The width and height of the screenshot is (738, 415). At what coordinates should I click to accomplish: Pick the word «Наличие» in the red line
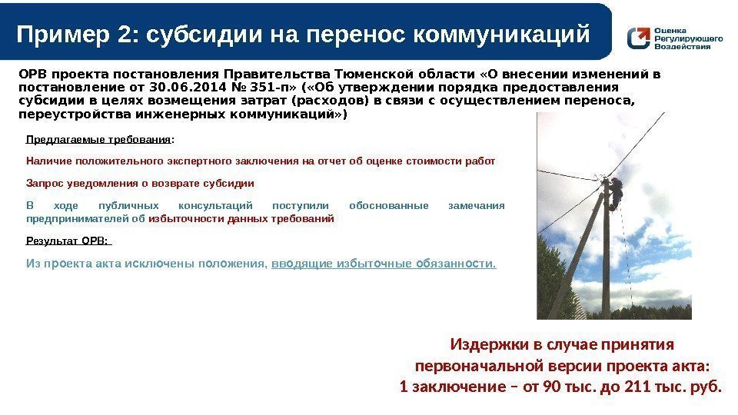(x=45, y=161)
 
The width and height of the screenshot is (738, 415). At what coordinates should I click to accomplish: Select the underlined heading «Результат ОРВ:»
(x=68, y=241)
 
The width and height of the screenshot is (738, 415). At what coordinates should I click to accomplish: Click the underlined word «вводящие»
(x=292, y=264)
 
